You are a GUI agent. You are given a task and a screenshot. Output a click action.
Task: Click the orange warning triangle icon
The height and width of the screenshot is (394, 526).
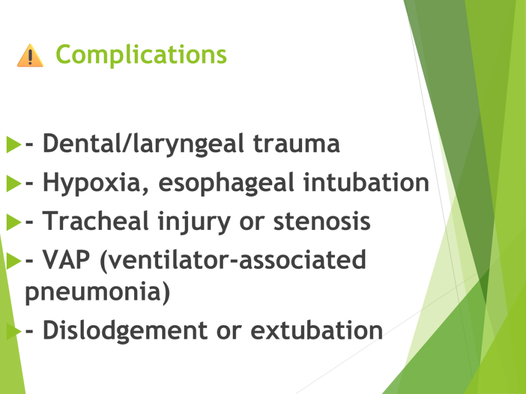pyautogui.click(x=30, y=55)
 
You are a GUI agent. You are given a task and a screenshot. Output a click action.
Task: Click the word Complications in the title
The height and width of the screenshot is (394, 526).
pyautogui.click(x=141, y=54)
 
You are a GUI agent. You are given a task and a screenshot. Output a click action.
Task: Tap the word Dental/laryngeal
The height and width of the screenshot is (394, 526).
pyautogui.click(x=143, y=144)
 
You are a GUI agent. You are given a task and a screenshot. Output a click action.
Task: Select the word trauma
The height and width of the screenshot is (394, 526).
pyautogui.click(x=296, y=144)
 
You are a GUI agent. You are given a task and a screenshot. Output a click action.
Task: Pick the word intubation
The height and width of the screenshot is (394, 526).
pyautogui.click(x=366, y=182)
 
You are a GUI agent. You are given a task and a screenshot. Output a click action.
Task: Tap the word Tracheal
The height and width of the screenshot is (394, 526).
pyautogui.click(x=96, y=221)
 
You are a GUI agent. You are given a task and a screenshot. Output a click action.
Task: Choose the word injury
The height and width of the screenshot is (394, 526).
pyautogui.click(x=194, y=222)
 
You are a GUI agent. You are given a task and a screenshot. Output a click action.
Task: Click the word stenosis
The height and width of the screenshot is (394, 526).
pyautogui.click(x=322, y=222)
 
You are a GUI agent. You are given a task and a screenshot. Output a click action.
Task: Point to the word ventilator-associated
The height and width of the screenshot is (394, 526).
pyautogui.click(x=233, y=260)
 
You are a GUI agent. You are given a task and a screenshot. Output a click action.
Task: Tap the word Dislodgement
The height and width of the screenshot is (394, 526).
pyautogui.click(x=125, y=331)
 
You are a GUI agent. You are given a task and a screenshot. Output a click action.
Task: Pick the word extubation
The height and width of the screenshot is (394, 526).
pyautogui.click(x=316, y=330)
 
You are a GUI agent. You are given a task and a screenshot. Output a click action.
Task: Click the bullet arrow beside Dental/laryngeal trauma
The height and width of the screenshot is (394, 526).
pyautogui.click(x=14, y=144)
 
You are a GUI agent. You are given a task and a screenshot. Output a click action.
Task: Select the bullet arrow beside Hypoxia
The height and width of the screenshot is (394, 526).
pyautogui.click(x=14, y=184)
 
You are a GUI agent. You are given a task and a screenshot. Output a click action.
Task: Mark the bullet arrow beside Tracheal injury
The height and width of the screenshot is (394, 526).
pyautogui.click(x=14, y=222)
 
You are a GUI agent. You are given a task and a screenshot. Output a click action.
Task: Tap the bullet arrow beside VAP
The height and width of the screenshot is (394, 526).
pyautogui.click(x=14, y=261)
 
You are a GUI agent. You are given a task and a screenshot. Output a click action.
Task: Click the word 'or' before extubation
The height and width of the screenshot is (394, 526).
pyautogui.click(x=229, y=331)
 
